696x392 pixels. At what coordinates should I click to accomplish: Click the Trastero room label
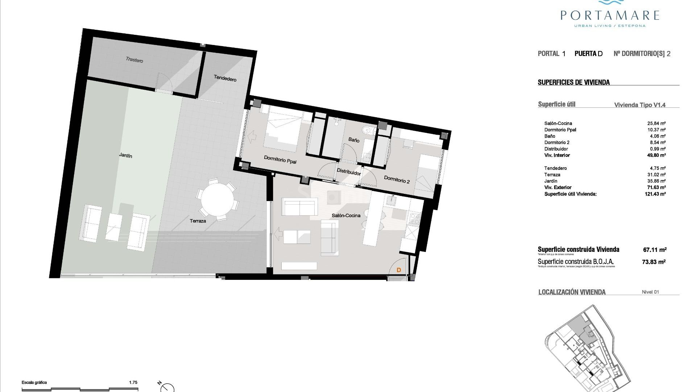134,60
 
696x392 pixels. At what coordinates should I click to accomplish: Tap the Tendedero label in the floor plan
225,78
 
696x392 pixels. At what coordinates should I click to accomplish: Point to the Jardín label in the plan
125,155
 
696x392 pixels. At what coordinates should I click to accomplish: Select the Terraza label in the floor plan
198,221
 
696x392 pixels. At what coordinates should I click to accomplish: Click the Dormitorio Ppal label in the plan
280,160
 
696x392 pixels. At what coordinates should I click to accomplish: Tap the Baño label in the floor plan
354,140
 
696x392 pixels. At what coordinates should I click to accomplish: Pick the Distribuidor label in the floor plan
349,172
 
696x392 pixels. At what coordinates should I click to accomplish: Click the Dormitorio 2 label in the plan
397,179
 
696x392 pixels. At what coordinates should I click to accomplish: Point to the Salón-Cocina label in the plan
346,216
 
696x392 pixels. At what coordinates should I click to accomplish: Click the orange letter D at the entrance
399,270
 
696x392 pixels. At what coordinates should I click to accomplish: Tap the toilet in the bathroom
367,130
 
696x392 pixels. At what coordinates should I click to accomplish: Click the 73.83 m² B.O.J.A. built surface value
654,262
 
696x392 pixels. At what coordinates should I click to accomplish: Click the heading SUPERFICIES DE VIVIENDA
573,82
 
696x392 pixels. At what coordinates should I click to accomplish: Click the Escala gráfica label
34,382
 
